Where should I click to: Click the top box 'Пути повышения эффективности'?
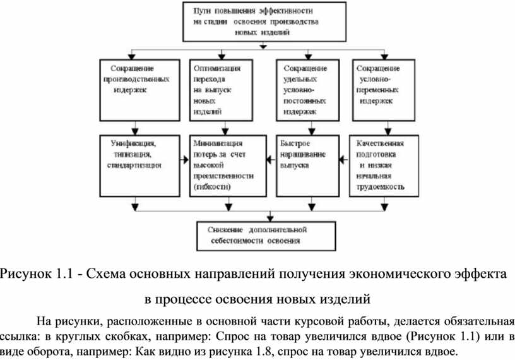pyautogui.click(x=264, y=21)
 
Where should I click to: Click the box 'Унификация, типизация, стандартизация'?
pyautogui.click(x=136, y=164)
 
